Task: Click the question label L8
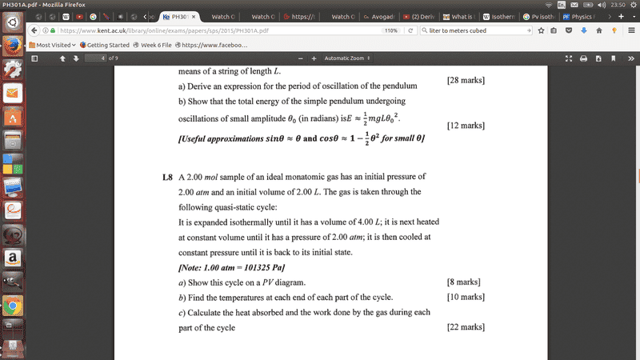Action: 167,176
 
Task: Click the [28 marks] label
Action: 466,81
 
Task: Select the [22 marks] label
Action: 466,326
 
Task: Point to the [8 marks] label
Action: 463,282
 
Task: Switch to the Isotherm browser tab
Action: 498,16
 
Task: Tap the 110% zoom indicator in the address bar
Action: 390,30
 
